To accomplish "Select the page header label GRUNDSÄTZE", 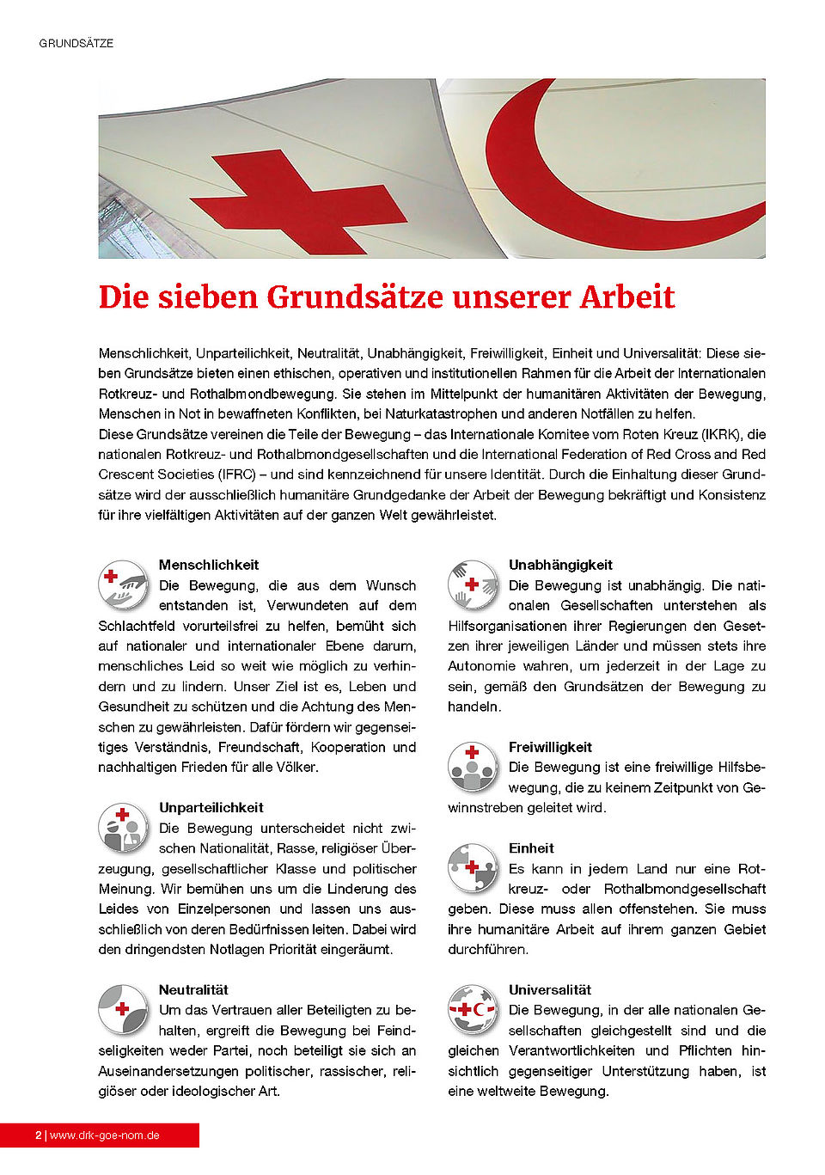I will tap(76, 43).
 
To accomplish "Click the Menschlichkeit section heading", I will tap(209, 565).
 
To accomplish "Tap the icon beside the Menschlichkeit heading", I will tap(123, 584).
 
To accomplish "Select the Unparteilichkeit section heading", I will tap(211, 807).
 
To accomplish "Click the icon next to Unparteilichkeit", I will tap(123, 827).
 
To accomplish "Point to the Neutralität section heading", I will tap(193, 989).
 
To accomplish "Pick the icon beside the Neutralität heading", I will tap(123, 1009).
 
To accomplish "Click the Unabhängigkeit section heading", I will tap(560, 565).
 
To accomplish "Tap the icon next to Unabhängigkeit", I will tap(472, 584).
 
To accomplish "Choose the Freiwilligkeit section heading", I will tap(550, 747).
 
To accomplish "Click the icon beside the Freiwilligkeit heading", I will tap(472, 767).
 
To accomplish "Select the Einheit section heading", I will tap(531, 848).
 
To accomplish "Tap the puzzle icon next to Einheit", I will tap(472, 867).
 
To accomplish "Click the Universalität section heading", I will tap(550, 989).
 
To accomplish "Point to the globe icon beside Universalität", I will tap(472, 1009).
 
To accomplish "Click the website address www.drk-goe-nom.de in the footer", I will tap(105, 1135).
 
